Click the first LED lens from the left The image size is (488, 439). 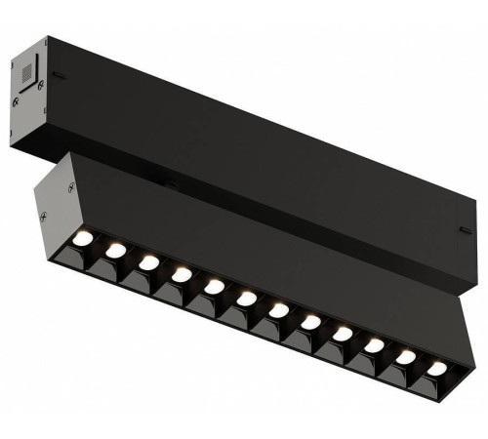(85, 240)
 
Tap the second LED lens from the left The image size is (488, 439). (116, 251)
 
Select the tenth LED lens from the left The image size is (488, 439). (374, 345)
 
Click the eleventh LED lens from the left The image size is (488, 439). (405, 357)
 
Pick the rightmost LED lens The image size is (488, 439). (435, 368)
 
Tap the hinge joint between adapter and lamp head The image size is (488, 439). (169, 181)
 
